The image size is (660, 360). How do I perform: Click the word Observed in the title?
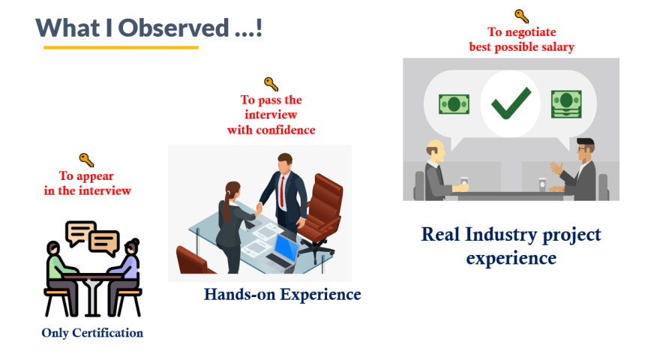point(173,28)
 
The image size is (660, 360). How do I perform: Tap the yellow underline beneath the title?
point(121,47)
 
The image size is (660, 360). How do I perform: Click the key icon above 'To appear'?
point(86,160)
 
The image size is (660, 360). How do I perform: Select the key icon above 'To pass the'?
point(271,84)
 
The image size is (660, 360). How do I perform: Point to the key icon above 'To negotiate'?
point(521,16)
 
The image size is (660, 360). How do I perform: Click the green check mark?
point(511,103)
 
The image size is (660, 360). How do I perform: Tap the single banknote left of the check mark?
point(454,104)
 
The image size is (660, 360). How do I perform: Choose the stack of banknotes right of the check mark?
point(566,103)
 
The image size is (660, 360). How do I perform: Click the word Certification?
point(108,333)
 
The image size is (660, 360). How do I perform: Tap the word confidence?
point(286,130)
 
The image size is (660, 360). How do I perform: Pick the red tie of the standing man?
point(282,191)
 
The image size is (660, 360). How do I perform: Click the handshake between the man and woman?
point(259,208)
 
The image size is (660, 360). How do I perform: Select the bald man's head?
point(435,151)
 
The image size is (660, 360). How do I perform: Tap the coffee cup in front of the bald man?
point(464,181)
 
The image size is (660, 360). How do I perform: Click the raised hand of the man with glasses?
point(556,168)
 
